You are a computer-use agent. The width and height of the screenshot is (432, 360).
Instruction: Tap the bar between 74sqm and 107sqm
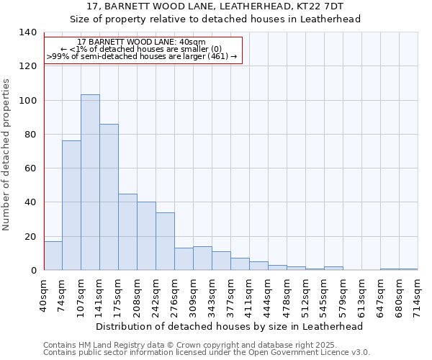click(x=71, y=205)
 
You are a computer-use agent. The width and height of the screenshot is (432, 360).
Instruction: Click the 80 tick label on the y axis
click(x=30, y=135)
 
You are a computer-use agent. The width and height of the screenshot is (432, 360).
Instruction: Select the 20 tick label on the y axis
click(x=30, y=237)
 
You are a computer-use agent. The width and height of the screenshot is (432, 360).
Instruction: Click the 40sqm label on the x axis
click(x=44, y=294)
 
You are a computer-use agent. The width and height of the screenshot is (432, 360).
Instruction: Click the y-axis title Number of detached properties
click(x=7, y=155)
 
